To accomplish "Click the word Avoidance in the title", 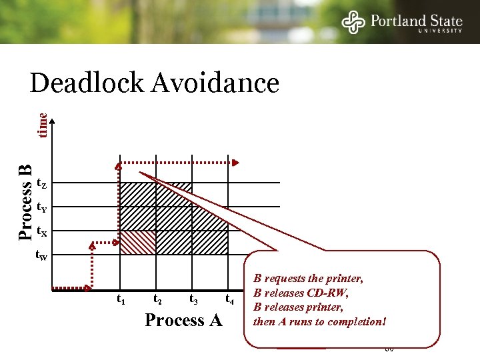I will (215, 83).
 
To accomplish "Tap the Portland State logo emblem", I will (353, 22).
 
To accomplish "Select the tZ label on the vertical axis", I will (41, 183).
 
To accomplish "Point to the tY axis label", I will (41, 207).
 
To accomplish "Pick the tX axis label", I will (41, 232).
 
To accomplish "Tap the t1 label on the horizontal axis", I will (121, 299).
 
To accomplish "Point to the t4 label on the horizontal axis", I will (229, 299).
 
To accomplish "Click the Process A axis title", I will (184, 321).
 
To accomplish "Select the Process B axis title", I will (25, 201).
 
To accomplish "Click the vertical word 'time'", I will (42, 125).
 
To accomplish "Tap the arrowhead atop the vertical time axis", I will (53, 118).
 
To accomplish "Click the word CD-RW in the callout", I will (329, 293).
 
